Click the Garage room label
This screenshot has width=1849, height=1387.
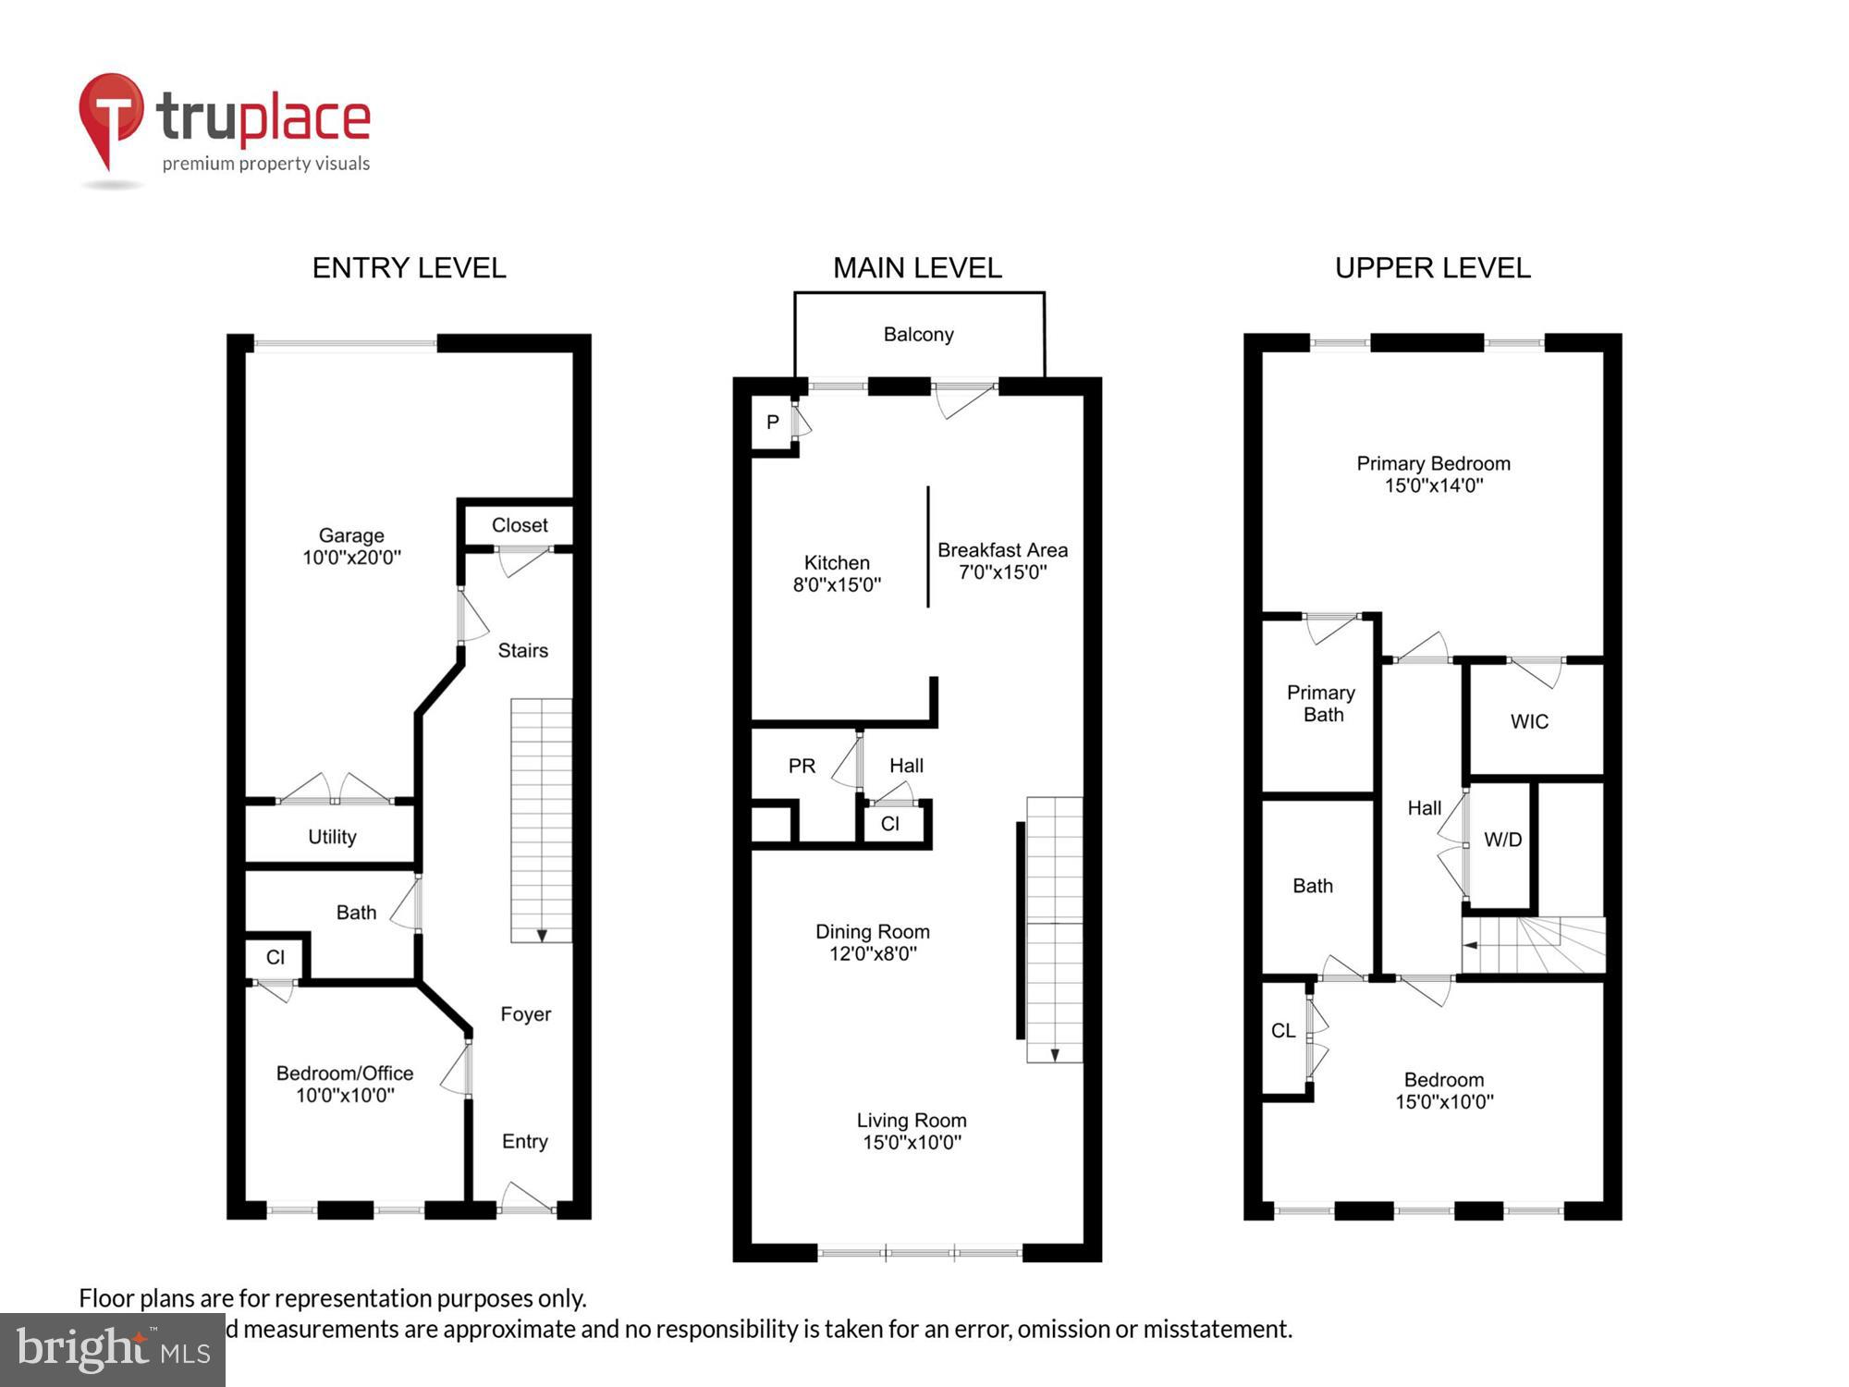(351, 535)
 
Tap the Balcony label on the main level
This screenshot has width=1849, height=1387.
(918, 335)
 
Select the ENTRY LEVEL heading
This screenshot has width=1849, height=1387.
(409, 268)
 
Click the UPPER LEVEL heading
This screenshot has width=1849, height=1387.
(1432, 268)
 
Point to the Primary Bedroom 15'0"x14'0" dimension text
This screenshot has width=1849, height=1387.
(1433, 485)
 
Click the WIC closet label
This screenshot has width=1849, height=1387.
(1529, 721)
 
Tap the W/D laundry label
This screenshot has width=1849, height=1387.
(1502, 840)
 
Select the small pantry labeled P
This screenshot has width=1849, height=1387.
(773, 423)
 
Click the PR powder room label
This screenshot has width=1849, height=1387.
(802, 766)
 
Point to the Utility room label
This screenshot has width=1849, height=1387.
(332, 837)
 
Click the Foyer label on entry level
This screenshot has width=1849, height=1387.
(525, 1014)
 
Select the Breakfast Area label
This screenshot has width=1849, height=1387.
(1002, 550)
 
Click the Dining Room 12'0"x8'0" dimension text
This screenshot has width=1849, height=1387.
(873, 953)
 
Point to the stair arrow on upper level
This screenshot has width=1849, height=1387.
(1471, 945)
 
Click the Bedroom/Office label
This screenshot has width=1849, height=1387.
(345, 1074)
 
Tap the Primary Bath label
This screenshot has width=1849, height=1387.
(1321, 704)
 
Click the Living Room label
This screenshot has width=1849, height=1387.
(912, 1121)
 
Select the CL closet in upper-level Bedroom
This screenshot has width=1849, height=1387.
(1283, 1031)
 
